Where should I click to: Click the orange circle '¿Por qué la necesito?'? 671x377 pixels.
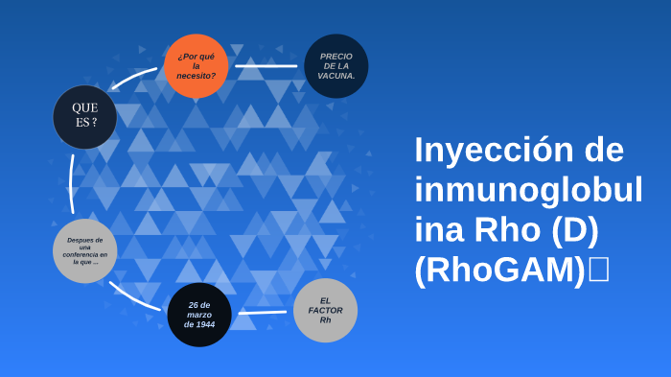coord(197,65)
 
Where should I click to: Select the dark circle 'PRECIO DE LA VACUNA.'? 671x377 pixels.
coord(336,65)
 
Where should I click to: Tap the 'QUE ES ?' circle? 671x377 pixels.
coord(85,116)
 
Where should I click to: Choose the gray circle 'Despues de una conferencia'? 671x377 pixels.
coord(85,250)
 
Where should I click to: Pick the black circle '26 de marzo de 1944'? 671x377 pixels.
coord(199,315)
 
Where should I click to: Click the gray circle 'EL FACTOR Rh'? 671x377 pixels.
coord(325,310)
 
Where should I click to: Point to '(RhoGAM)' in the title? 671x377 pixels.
coord(499,271)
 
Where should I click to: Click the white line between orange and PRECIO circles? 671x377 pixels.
coord(266,66)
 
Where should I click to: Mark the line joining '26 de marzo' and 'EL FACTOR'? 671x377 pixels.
coord(262,312)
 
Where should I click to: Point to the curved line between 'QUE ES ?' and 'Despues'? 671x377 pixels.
coord(71,182)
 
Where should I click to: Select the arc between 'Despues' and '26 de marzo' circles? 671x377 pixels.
coord(134,296)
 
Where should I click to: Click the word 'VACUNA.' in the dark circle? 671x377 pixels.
coord(336,75)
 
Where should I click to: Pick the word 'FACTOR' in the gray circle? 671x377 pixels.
coord(325,310)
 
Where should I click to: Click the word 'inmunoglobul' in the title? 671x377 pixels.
coord(528,190)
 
